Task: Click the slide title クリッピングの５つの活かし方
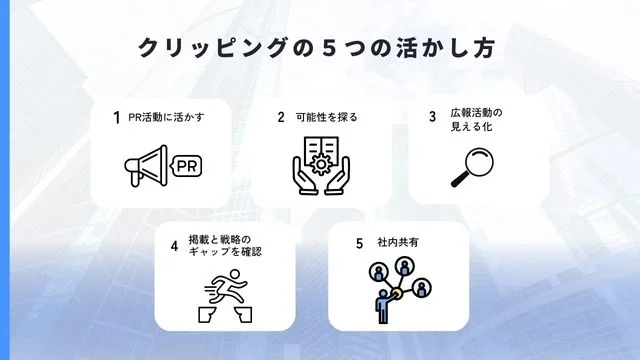tap(320, 48)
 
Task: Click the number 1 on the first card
tap(117, 117)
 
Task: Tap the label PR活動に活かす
tap(165, 117)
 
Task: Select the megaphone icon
tap(146, 165)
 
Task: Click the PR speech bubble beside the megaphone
tap(185, 165)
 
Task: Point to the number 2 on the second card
tap(281, 117)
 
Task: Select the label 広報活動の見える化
tap(476, 120)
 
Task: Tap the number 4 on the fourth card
tap(174, 245)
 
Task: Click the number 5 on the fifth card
tap(358, 243)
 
